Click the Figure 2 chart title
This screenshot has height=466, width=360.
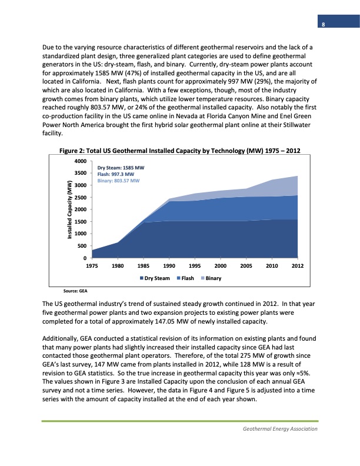181,151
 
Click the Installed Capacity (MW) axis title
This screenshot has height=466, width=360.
68,209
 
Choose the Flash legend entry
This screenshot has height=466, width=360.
188,278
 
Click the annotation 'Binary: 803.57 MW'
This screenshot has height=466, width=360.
118,181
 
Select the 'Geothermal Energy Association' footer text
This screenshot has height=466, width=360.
280,429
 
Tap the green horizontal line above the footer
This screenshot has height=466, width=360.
180,421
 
